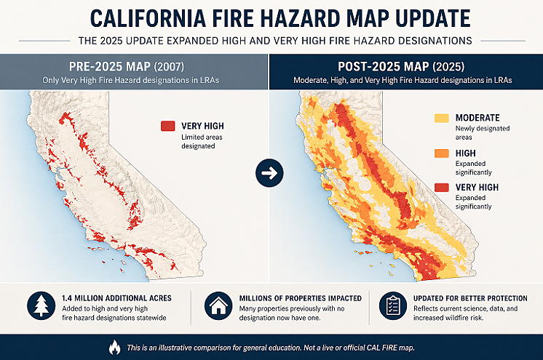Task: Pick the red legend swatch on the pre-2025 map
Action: pos(168,126)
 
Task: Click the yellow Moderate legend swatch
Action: pos(441,118)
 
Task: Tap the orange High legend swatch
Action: pos(441,153)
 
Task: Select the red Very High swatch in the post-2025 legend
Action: pos(441,188)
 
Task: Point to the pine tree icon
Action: pos(41,306)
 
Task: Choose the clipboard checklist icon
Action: pos(392,306)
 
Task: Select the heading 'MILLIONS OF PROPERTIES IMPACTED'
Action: pos(301,298)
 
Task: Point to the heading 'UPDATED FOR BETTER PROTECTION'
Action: pos(475,298)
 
